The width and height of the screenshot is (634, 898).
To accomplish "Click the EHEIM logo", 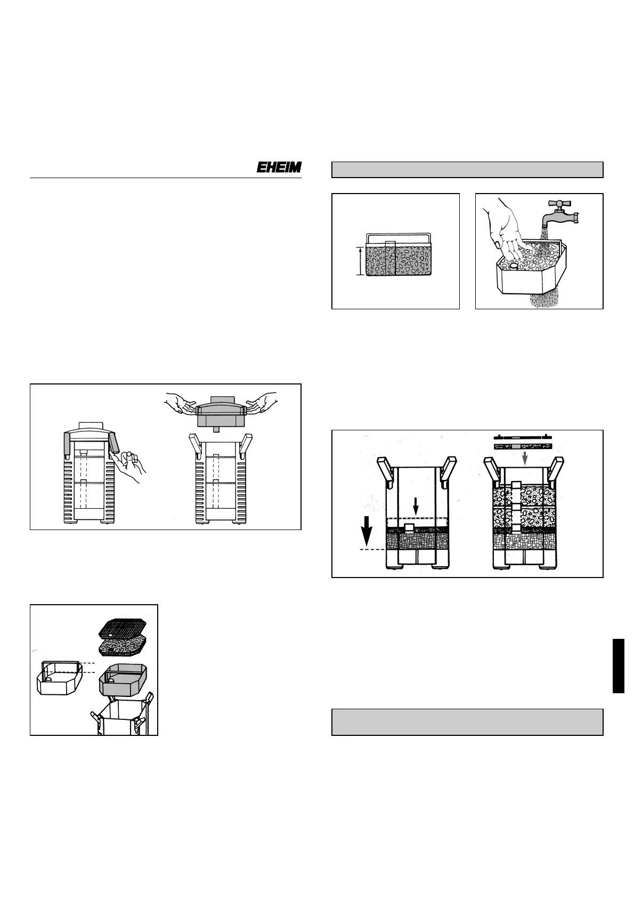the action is pos(279,167).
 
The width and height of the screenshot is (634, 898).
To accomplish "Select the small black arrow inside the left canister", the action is pos(416,507).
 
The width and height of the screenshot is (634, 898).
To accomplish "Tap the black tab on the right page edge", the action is pos(619,666).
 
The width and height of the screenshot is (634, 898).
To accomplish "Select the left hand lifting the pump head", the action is pos(183,403).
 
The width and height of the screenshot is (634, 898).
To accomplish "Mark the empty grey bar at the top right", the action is pos(467,170).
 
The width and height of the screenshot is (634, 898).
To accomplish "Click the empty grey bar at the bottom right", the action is pos(467,722).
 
